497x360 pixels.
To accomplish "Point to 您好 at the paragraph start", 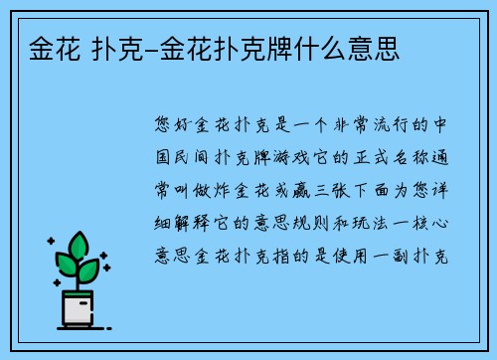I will [174, 127].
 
